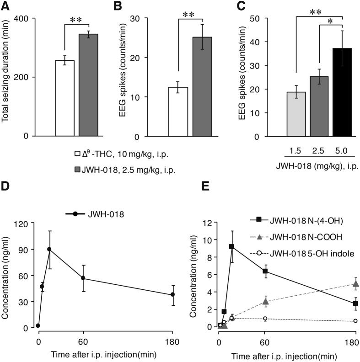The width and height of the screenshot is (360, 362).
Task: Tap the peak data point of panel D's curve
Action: click(x=49, y=249)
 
